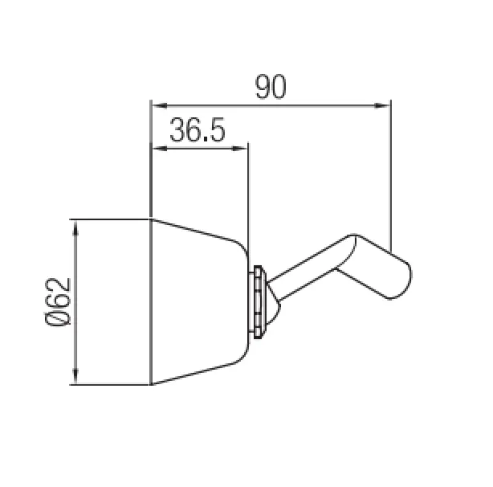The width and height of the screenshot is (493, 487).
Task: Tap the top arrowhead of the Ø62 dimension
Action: (x=76, y=224)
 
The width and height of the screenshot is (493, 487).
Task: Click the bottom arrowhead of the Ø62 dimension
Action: (x=76, y=379)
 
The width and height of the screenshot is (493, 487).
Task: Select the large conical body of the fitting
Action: (x=197, y=302)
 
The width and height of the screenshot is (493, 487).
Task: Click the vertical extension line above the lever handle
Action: (x=391, y=173)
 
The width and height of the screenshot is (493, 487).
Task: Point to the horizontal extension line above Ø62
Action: (x=111, y=218)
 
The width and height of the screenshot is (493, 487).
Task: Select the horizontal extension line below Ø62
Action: (x=111, y=385)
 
